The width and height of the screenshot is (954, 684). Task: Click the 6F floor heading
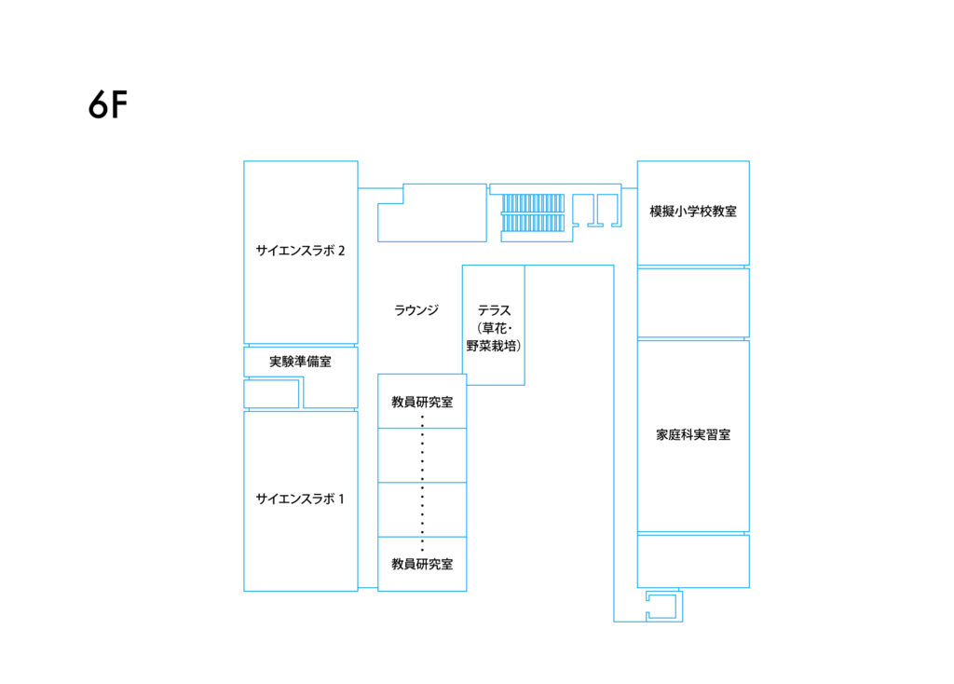pos(108,104)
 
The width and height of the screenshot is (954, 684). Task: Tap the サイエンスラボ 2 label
pos(300,250)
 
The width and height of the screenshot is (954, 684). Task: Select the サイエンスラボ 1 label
pos(300,499)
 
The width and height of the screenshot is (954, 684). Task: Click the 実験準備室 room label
pos(301,362)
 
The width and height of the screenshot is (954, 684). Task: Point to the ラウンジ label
pos(416,310)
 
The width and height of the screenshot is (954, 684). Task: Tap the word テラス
pos(494,310)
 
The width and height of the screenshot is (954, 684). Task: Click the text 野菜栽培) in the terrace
pos(494,346)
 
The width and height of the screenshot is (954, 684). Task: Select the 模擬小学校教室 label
pos(693,212)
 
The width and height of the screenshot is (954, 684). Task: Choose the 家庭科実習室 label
pos(693,434)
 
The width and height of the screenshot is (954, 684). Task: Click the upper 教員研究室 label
pos(422,402)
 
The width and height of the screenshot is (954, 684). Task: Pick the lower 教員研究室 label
pos(422,564)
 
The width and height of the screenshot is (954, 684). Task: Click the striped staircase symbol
pos(532,212)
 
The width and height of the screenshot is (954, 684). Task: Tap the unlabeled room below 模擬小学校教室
pos(693,303)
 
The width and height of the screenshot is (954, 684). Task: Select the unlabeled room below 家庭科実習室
pos(693,561)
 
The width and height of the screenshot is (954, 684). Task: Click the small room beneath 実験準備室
pos(271,394)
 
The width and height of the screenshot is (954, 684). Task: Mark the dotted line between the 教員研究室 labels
pos(422,484)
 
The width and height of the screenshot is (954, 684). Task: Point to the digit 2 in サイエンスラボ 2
pos(341,250)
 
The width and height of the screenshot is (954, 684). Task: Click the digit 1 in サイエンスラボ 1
pos(341,499)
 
